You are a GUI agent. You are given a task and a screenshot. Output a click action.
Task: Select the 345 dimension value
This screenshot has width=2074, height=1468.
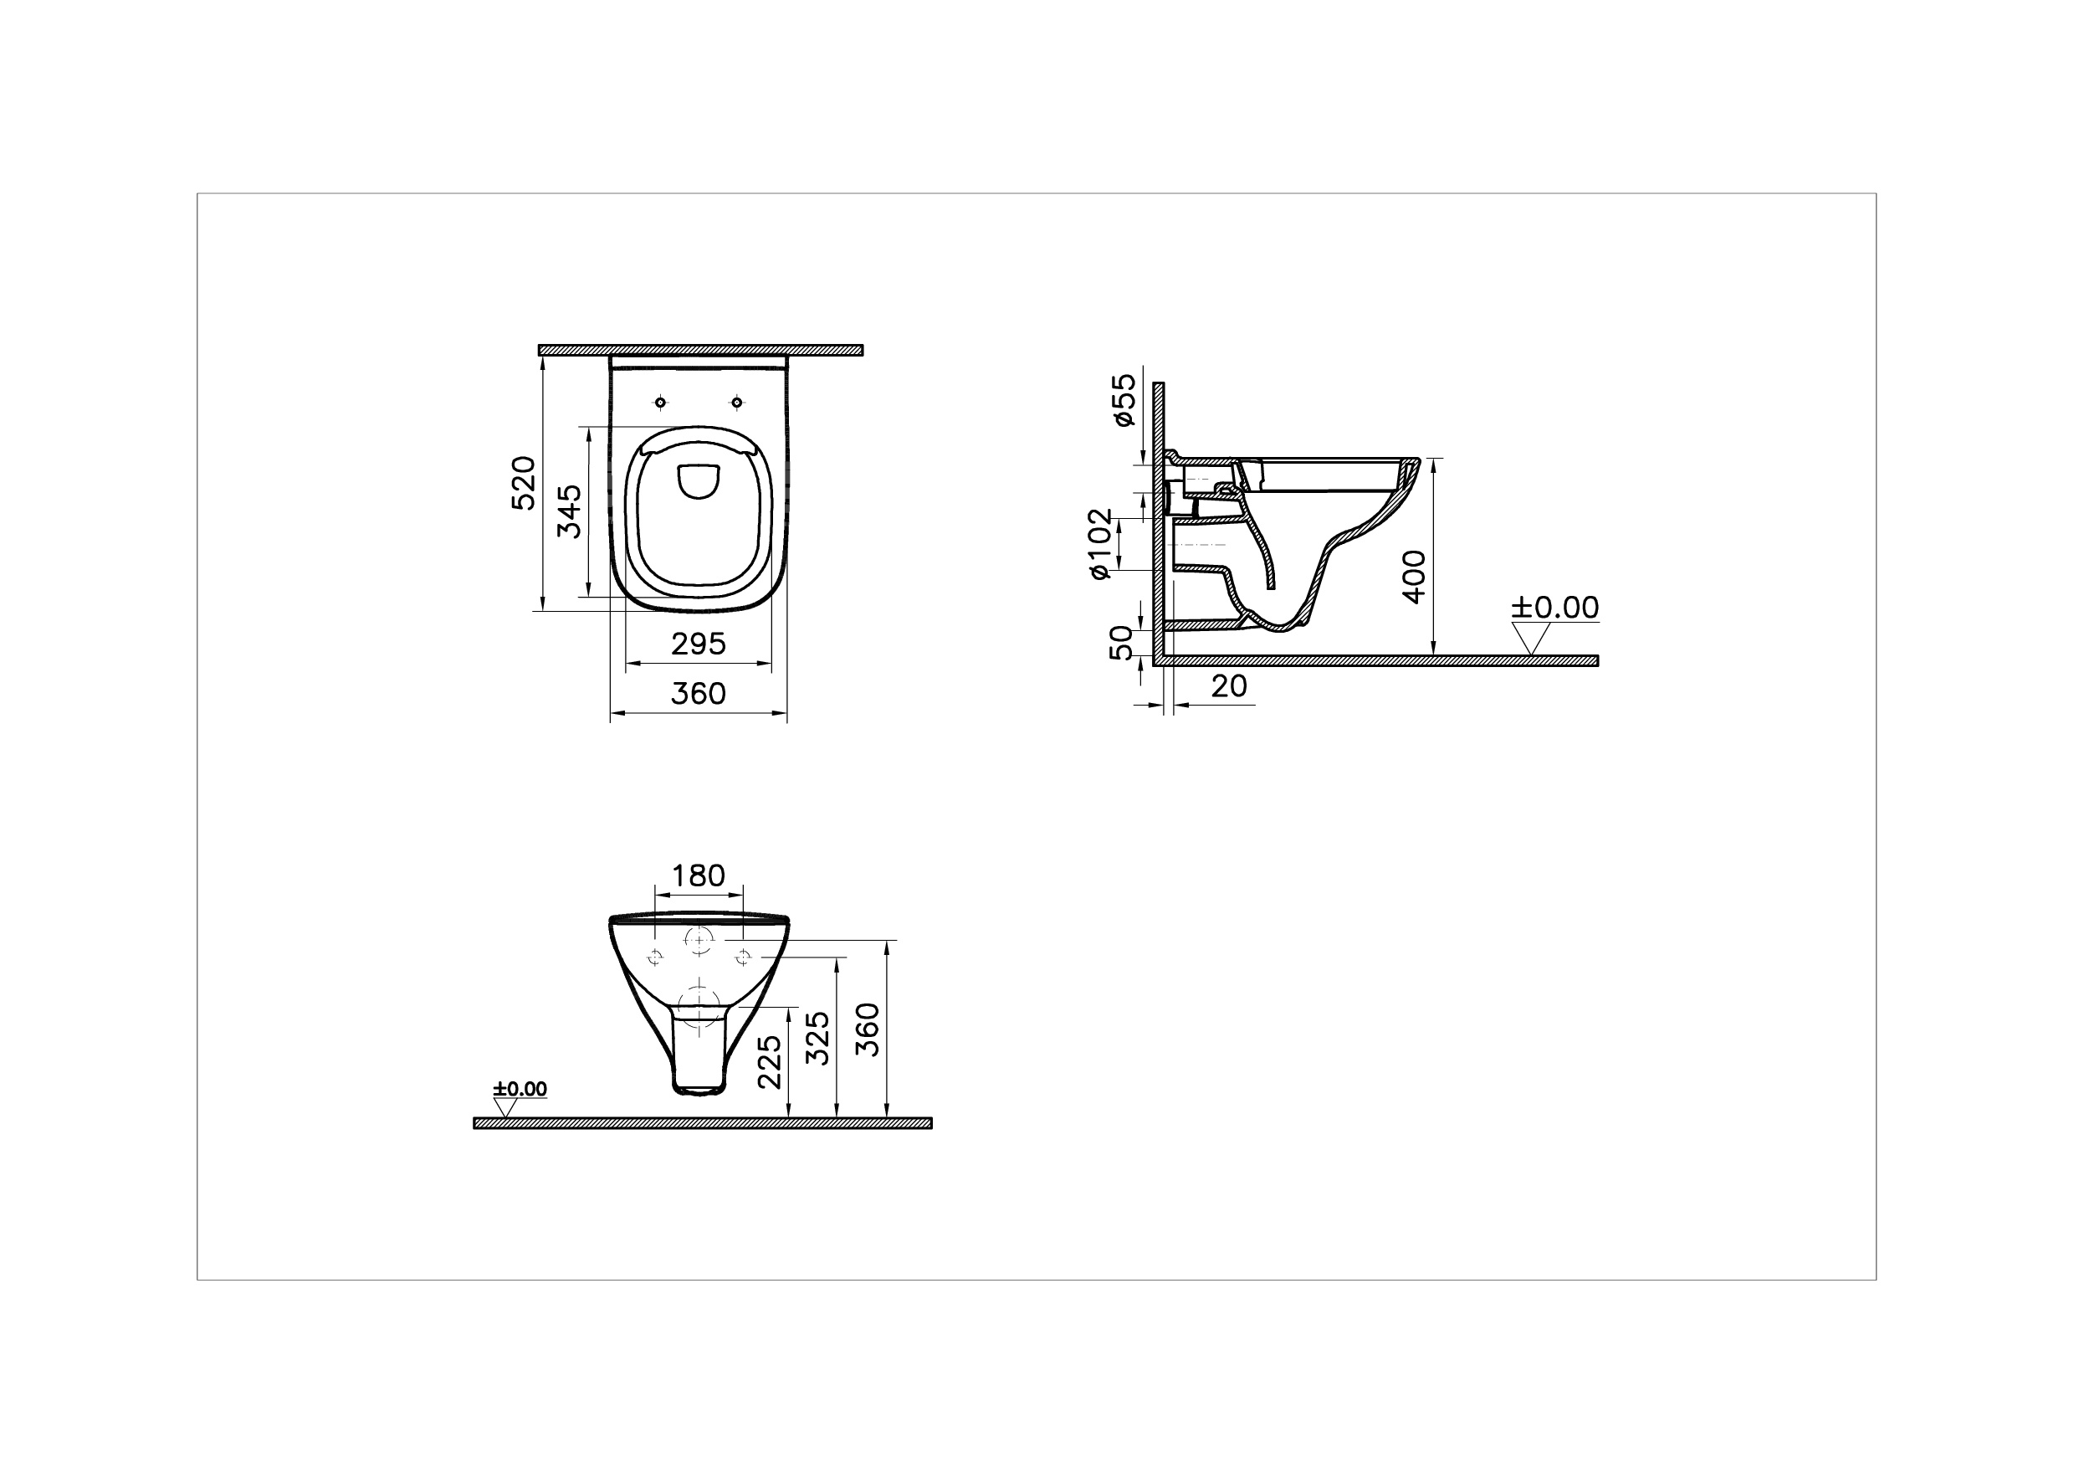pyautogui.click(x=570, y=511)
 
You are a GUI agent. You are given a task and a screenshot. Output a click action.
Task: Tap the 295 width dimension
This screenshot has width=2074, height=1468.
pyautogui.click(x=699, y=644)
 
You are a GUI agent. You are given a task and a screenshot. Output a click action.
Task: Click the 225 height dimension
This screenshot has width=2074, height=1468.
pyautogui.click(x=769, y=1062)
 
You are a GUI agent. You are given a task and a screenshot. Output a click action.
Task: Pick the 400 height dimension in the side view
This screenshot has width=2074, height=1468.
pyautogui.click(x=1414, y=577)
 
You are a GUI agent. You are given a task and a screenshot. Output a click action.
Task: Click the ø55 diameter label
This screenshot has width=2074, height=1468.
pyautogui.click(x=1123, y=400)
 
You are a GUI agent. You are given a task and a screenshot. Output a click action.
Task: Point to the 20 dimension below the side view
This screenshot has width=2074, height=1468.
pyautogui.click(x=1229, y=686)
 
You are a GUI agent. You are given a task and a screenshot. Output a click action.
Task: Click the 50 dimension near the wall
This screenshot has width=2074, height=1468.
pyautogui.click(x=1120, y=643)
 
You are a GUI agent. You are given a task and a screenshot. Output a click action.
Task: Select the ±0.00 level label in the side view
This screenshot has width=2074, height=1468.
pyautogui.click(x=1555, y=607)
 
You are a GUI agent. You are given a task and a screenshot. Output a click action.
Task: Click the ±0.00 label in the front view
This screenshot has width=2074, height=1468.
pyautogui.click(x=520, y=1089)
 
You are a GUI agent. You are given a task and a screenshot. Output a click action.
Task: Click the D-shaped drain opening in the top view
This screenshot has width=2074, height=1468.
pyautogui.click(x=699, y=481)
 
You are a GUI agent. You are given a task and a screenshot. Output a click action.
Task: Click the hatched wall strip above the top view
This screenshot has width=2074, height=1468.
pyautogui.click(x=700, y=350)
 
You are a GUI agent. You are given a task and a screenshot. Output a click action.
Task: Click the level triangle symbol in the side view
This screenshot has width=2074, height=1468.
pyautogui.click(x=1529, y=639)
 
